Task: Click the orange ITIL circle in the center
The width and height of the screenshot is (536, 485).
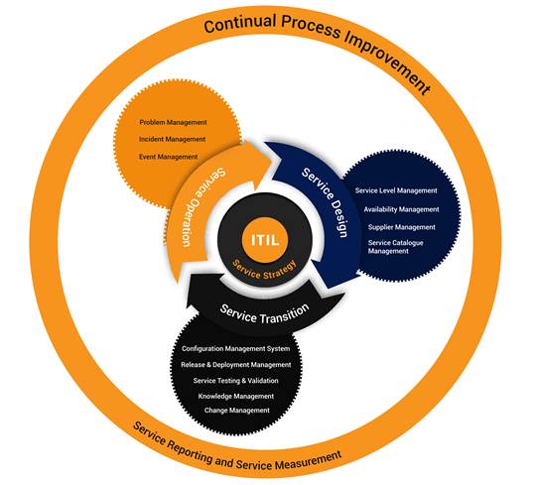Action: (265, 239)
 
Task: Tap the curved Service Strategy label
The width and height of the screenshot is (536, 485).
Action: (265, 271)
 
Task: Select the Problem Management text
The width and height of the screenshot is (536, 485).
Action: (173, 122)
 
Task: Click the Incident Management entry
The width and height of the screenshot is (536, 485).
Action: (172, 139)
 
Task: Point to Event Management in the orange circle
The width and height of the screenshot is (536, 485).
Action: (168, 157)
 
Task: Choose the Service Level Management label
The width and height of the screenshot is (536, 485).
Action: (396, 190)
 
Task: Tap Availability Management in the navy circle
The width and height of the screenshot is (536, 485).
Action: (401, 209)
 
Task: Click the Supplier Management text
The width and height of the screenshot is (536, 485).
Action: (402, 227)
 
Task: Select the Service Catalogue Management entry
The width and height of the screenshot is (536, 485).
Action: (395, 247)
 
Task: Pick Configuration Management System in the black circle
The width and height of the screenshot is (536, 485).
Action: (236, 349)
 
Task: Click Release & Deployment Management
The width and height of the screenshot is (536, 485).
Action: (236, 365)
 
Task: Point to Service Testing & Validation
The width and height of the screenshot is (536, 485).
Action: (235, 381)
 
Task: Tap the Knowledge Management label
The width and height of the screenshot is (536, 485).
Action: (236, 396)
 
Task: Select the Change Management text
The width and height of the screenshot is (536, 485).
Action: (237, 411)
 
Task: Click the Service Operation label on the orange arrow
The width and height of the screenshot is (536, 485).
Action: (201, 205)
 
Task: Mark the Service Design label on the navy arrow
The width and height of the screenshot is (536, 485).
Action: (326, 201)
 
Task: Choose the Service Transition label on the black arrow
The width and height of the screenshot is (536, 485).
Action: (264, 314)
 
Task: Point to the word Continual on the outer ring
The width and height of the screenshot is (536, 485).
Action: (240, 23)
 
